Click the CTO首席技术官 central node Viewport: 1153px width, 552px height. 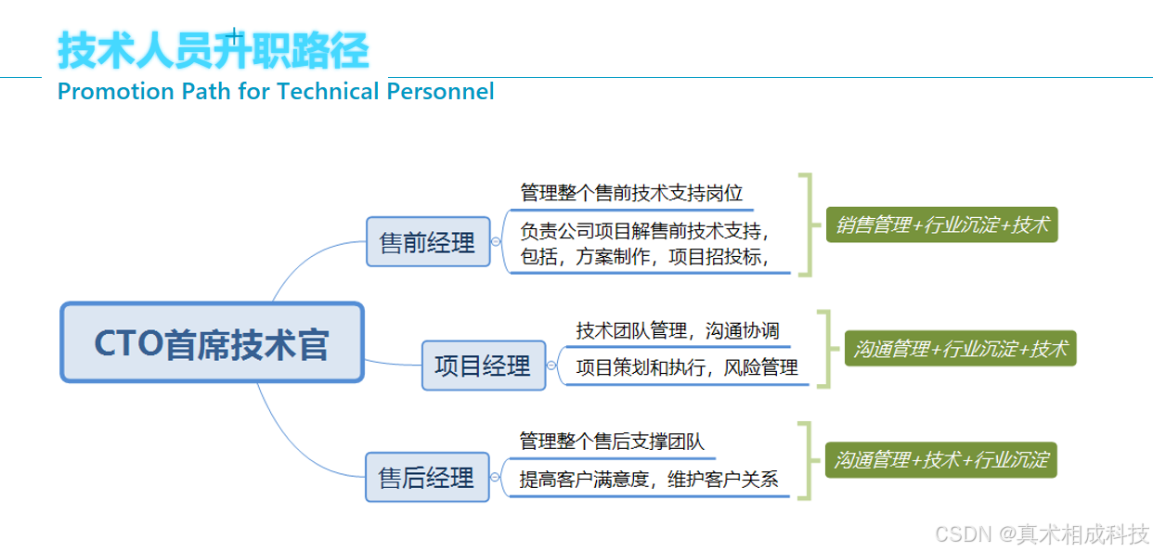pyautogui.click(x=212, y=342)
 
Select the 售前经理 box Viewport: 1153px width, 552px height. pyautogui.click(x=428, y=241)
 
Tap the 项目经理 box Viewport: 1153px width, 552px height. pyautogui.click(x=483, y=366)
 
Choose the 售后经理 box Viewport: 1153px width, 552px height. pyautogui.click(x=427, y=477)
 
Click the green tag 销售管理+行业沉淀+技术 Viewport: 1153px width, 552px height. pyautogui.click(x=941, y=224)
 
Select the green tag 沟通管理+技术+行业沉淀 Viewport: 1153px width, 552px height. pyautogui.click(x=941, y=459)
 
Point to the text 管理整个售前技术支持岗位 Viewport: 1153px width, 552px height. pyautogui.click(x=631, y=193)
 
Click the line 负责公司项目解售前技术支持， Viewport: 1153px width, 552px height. pyautogui.click(x=646, y=230)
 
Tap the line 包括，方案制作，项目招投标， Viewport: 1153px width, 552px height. pyautogui.click(x=646, y=257)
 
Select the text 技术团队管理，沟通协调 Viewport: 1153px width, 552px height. pyautogui.click(x=678, y=331)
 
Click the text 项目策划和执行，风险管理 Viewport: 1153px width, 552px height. pyautogui.click(x=687, y=367)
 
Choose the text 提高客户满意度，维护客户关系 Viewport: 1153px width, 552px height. pyautogui.click(x=649, y=480)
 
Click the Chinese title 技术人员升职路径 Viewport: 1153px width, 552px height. pyautogui.click(x=213, y=50)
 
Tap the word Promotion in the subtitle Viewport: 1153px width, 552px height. pyautogui.click(x=103, y=91)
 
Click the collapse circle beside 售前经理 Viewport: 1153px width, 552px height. pyautogui.click(x=496, y=241)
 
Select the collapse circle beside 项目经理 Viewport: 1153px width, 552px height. pyautogui.click(x=551, y=366)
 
